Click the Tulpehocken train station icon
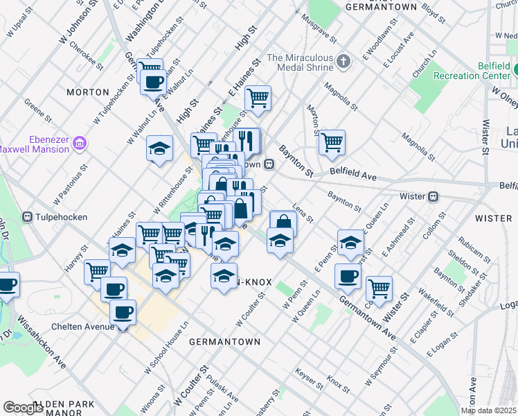point(28,217)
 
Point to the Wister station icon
point(434,196)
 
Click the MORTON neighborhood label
point(88,92)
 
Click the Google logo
point(23,408)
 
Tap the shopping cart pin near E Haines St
point(258,98)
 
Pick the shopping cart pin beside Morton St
point(332,142)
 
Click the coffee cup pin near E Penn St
point(348,275)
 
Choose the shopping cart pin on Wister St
point(379,287)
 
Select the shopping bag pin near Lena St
point(283,222)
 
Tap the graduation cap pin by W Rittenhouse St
point(159,148)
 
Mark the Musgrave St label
point(319,28)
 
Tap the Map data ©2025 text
point(488,410)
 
